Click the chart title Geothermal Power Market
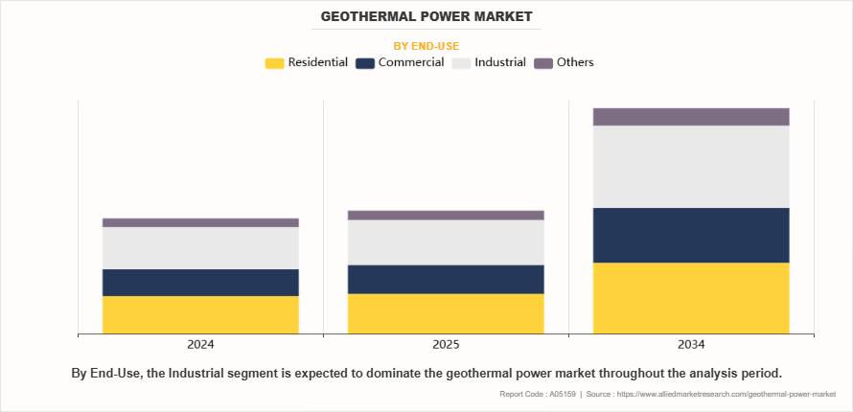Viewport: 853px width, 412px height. click(x=426, y=17)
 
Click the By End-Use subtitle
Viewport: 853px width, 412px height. click(x=426, y=45)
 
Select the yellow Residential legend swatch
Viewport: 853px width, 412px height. click(x=274, y=63)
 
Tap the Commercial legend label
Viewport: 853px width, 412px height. click(x=411, y=62)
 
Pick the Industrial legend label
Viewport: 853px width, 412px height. click(x=500, y=62)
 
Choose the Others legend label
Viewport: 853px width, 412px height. click(x=575, y=62)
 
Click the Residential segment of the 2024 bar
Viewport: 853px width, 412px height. click(x=200, y=315)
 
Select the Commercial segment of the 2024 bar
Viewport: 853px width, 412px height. click(x=200, y=283)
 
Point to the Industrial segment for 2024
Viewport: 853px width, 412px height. click(x=200, y=248)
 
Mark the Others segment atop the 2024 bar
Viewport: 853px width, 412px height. click(x=200, y=222)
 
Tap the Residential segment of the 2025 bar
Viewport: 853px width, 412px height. click(x=446, y=314)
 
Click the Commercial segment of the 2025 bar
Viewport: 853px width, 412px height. click(x=446, y=279)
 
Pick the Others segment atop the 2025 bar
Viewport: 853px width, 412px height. click(x=446, y=216)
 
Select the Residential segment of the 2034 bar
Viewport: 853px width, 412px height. click(x=691, y=298)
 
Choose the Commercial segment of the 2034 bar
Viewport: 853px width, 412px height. click(x=691, y=236)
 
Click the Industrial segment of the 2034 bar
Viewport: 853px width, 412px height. click(x=691, y=167)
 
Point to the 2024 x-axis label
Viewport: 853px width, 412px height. click(x=200, y=345)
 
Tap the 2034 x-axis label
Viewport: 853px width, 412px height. click(x=691, y=345)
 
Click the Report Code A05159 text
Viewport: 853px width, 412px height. click(x=538, y=395)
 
